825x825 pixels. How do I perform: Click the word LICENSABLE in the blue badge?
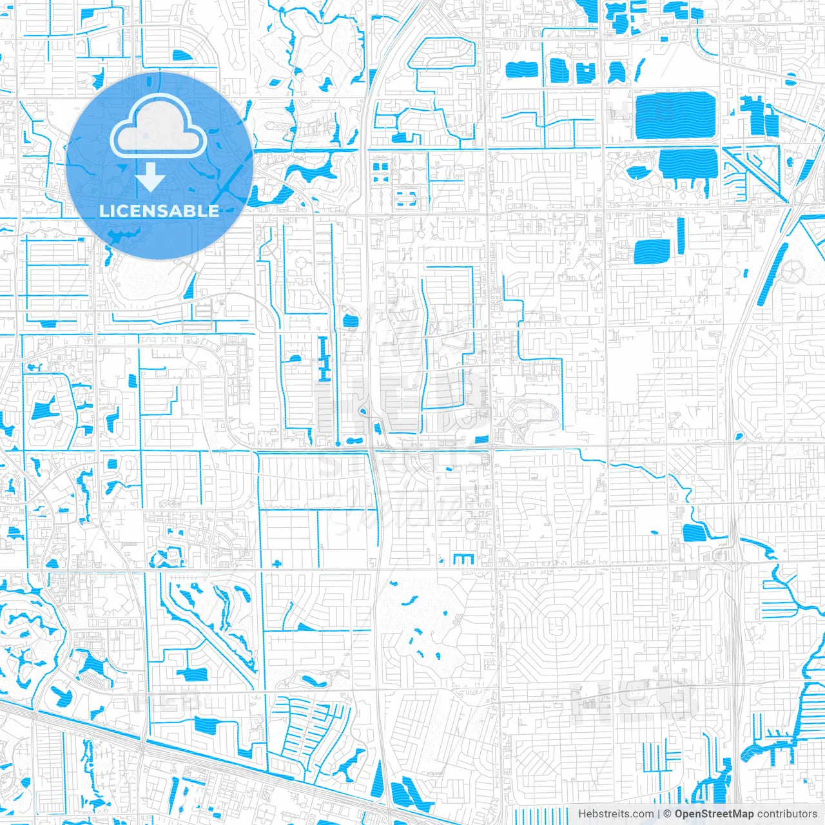click(x=159, y=211)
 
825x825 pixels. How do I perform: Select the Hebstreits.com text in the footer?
click(x=616, y=814)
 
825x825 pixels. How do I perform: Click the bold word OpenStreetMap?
click(x=714, y=814)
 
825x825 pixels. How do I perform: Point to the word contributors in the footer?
click(x=787, y=814)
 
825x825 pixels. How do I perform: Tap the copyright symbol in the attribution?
click(x=668, y=814)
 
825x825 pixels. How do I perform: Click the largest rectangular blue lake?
click(x=675, y=116)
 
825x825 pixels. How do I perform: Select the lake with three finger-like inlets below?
click(x=688, y=166)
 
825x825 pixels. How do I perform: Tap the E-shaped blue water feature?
click(x=463, y=559)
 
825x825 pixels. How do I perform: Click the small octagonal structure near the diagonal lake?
click(x=792, y=271)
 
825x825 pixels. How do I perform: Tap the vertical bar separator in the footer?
click(x=659, y=814)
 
